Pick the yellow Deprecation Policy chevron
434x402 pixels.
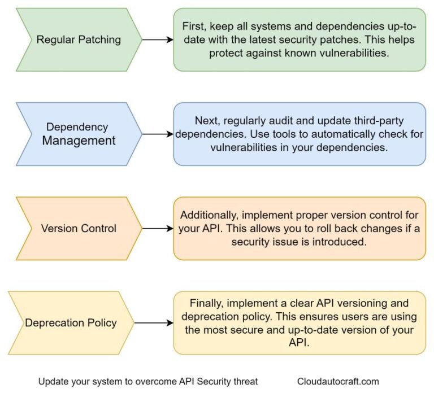point(71,323)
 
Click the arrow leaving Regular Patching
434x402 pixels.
point(157,40)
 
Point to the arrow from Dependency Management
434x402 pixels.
point(157,134)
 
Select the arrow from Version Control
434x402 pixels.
point(157,229)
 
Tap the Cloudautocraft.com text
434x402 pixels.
point(338,382)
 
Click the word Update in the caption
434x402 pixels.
point(53,382)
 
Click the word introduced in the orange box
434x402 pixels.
point(331,242)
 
